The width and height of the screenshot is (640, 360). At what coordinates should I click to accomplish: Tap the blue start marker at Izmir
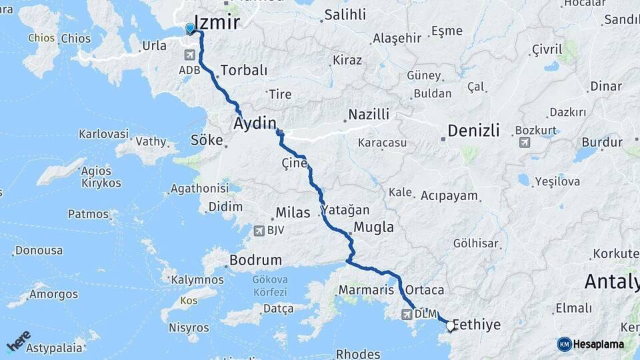click(x=190, y=29)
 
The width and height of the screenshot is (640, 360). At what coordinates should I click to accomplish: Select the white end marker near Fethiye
click(x=450, y=327)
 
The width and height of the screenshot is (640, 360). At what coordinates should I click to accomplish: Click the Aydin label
click(x=255, y=123)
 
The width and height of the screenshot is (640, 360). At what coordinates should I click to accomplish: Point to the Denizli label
click(x=473, y=131)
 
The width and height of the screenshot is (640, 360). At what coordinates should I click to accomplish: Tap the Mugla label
click(x=373, y=227)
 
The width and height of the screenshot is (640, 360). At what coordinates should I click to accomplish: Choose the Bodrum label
click(x=255, y=260)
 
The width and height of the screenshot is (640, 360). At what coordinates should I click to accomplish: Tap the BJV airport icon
click(x=259, y=231)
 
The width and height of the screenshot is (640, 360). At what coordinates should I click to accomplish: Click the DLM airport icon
click(x=407, y=314)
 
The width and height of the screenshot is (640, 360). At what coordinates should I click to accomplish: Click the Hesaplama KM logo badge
click(x=565, y=344)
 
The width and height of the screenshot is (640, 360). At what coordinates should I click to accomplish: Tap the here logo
click(x=19, y=341)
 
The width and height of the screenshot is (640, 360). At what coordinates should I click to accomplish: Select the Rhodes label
click(x=358, y=354)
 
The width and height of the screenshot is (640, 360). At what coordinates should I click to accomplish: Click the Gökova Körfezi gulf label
click(x=270, y=287)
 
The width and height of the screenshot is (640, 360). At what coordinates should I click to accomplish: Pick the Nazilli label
click(x=369, y=115)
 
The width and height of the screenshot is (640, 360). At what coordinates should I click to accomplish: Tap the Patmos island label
click(x=88, y=214)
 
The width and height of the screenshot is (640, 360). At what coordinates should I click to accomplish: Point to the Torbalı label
click(x=243, y=70)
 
